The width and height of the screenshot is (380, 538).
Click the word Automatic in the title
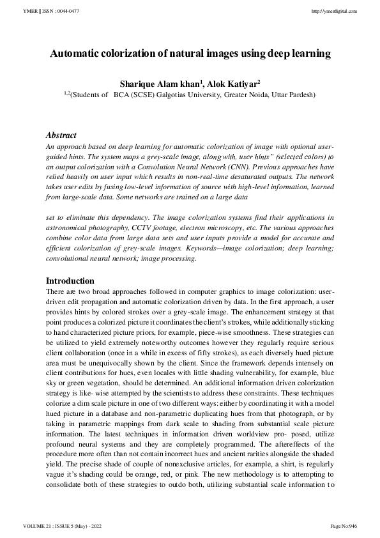pos(76,54)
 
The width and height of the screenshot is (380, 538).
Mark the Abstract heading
pos(61,135)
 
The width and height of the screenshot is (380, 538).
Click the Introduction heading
pos(70,281)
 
